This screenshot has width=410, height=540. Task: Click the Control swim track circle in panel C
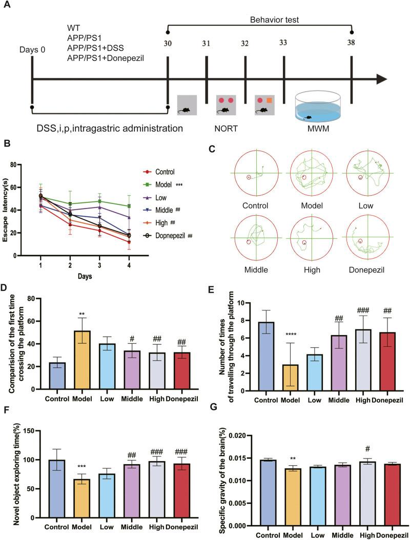(258, 172)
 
